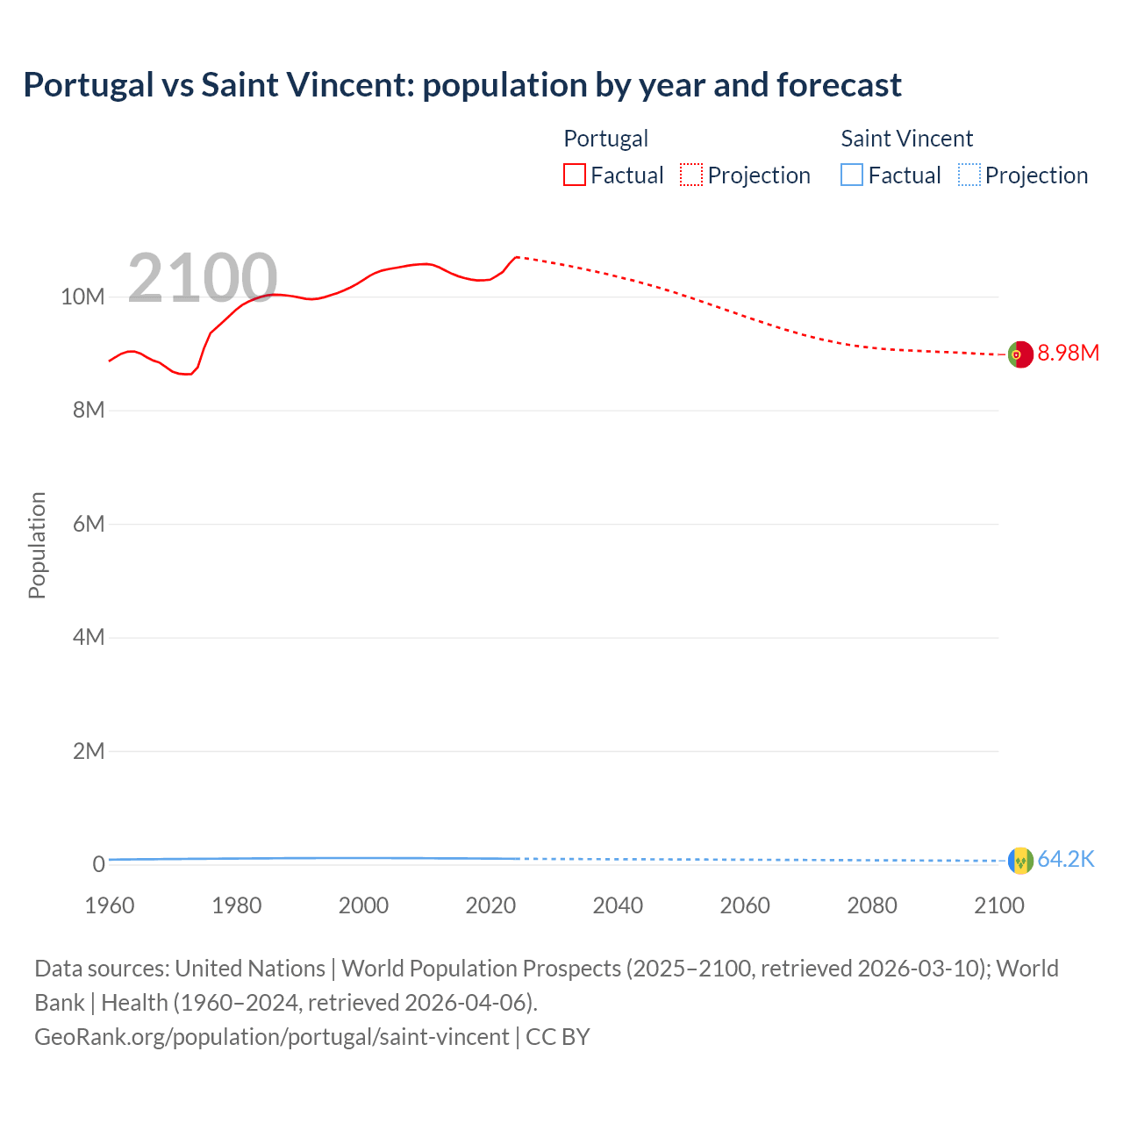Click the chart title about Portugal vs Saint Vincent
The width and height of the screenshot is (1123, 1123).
coord(461,85)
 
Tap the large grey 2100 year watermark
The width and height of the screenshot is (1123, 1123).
coord(203,278)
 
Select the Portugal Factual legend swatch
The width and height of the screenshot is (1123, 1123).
coord(575,175)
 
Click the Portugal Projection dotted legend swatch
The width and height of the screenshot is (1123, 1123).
coord(691,175)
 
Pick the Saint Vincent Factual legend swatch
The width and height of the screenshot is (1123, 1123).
coord(852,175)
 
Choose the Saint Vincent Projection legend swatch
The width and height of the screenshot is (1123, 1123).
coord(969,175)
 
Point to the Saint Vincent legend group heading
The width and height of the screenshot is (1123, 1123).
coord(906,139)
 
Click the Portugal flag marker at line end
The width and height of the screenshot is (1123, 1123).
coord(1020,354)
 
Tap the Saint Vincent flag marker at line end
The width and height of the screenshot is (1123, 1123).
coord(1020,861)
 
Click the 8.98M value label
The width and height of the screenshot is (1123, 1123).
coord(1068,354)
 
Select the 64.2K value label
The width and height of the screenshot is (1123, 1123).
coord(1066,860)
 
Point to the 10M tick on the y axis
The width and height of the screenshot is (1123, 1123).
coord(82,297)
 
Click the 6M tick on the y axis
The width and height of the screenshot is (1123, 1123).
coord(88,525)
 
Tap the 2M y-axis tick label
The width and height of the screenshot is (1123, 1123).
coord(88,752)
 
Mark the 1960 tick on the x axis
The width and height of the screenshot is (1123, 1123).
coord(110,905)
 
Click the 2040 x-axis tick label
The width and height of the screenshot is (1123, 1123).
coord(618,905)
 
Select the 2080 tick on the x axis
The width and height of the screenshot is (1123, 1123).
coord(872,905)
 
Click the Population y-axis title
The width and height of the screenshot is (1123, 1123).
coord(37,545)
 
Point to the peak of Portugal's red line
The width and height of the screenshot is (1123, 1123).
coord(517,257)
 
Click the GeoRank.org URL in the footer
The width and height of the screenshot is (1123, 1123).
coord(271,1037)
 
